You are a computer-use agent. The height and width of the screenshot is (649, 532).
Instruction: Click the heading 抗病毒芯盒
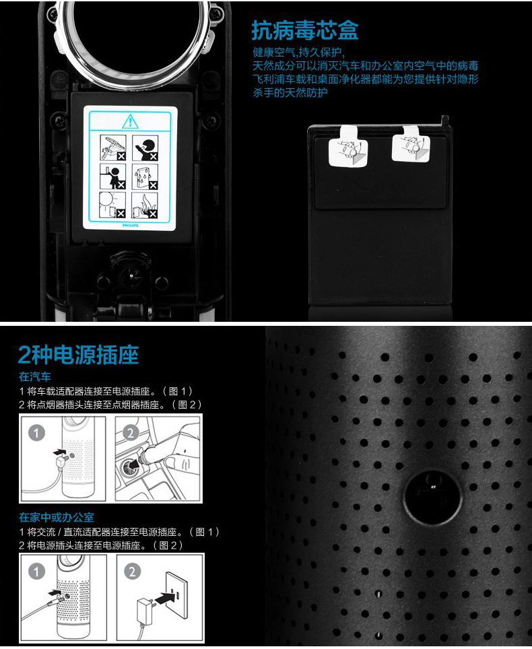pyautogui.click(x=304, y=30)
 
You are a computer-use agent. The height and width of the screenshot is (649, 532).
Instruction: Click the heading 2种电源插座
pyautogui.click(x=78, y=355)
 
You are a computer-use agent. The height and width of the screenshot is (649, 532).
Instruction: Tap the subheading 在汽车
pyautogui.click(x=35, y=376)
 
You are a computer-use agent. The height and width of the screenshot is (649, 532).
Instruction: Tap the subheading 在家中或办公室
pyautogui.click(x=57, y=517)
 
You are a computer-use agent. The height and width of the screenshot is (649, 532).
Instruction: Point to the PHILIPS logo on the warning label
pyautogui.click(x=131, y=226)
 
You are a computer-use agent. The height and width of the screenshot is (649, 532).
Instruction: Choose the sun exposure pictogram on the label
pyautogui.click(x=112, y=205)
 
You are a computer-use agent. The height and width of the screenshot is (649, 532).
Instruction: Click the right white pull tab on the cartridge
pyautogui.click(x=410, y=145)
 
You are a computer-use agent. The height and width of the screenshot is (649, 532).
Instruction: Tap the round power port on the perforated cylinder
pyautogui.click(x=432, y=495)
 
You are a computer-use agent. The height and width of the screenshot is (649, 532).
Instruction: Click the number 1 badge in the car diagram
pyautogui.click(x=36, y=433)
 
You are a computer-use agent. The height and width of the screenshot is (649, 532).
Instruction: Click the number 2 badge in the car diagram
pyautogui.click(x=131, y=433)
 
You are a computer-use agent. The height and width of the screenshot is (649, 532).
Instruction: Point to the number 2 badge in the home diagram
pyautogui.click(x=132, y=572)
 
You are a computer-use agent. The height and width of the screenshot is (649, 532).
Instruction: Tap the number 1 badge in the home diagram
pyautogui.click(x=36, y=572)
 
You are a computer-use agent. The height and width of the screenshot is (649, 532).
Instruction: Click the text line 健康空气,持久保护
pyautogui.click(x=298, y=53)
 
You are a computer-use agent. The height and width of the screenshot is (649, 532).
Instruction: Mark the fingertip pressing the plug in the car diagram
pyautogui.click(x=172, y=463)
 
